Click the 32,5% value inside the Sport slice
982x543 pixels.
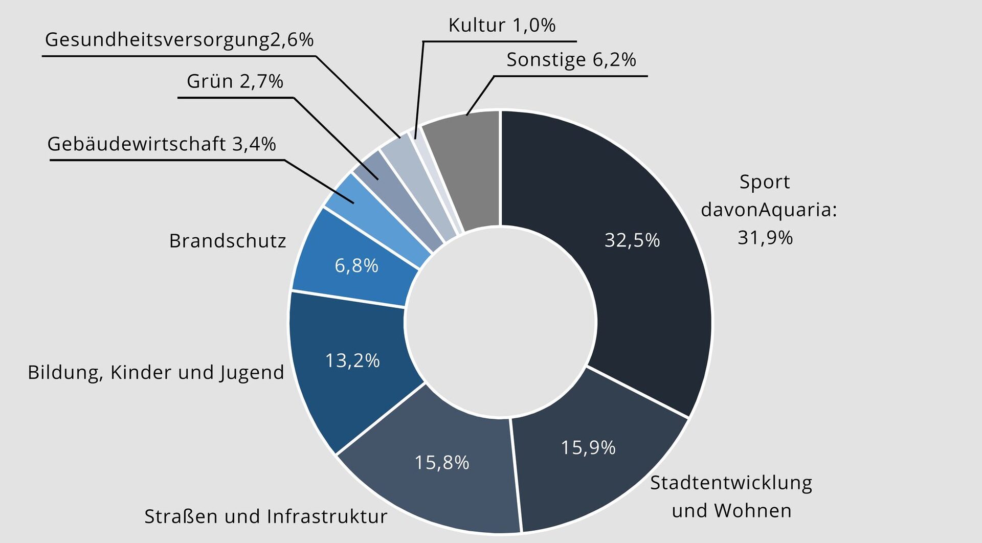click(632, 240)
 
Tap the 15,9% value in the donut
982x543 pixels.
click(588, 447)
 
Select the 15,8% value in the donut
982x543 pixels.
click(441, 463)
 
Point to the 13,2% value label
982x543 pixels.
click(352, 360)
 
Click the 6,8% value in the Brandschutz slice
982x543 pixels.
click(356, 265)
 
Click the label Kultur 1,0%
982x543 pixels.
click(502, 25)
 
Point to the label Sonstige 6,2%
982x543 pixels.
click(571, 60)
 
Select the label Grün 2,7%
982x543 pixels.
click(235, 81)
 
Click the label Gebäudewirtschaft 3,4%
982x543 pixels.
click(162, 144)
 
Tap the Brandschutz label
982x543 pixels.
click(228, 241)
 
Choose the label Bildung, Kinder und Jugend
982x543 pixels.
click(156, 372)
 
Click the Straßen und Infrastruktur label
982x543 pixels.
click(266, 516)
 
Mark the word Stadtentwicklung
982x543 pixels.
click(731, 483)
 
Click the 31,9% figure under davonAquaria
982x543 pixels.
click(765, 237)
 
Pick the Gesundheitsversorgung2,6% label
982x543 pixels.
click(179, 40)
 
